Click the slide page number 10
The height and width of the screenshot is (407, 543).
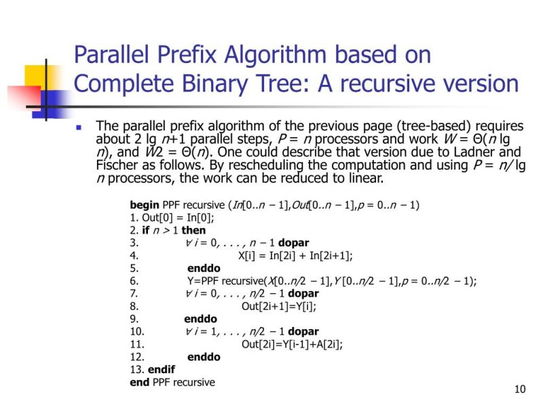tap(521, 389)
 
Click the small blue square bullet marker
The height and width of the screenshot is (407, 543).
tap(79, 127)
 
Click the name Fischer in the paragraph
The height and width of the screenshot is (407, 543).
tap(117, 166)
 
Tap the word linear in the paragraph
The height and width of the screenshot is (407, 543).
tap(365, 178)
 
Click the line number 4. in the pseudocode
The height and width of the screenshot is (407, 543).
tap(134, 256)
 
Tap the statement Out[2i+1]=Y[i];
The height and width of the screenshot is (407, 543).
tap(279, 307)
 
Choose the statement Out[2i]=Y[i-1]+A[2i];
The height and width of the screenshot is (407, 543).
tap(292, 345)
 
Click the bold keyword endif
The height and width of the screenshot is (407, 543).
tap(161, 370)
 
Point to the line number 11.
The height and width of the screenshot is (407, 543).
tap(136, 345)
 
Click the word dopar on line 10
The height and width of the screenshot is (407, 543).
tap(303, 332)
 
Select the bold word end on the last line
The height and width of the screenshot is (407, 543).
tap(139, 383)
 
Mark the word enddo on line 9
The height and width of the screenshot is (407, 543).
tap(200, 319)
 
